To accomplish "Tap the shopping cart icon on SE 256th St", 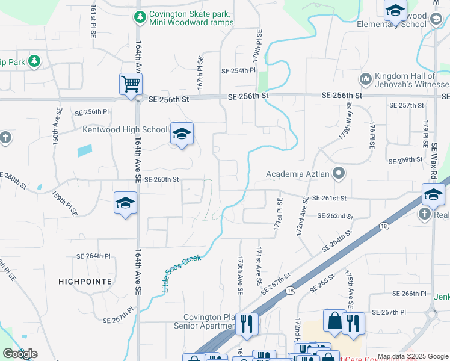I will pyautogui.click(x=131, y=84).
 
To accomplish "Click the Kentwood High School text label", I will pyautogui.click(x=125, y=129).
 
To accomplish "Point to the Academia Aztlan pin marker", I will pyautogui.click(x=339, y=174).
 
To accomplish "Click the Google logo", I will pyautogui.click(x=20, y=354).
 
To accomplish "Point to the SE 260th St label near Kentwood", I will pyautogui.click(x=161, y=179).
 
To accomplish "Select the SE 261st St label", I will pyautogui.click(x=329, y=198).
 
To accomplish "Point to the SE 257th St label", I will pyautogui.click(x=407, y=105).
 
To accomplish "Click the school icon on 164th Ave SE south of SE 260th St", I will pyautogui.click(x=125, y=203).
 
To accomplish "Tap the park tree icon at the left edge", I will pyautogui.click(x=34, y=61).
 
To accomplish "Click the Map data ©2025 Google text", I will pyautogui.click(x=412, y=356).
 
